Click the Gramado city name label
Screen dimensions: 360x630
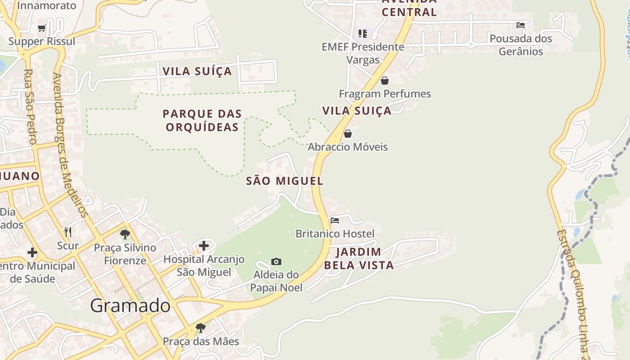(x=130, y=306)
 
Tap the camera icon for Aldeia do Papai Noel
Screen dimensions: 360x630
(x=276, y=261)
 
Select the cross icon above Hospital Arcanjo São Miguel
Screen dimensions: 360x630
(x=204, y=246)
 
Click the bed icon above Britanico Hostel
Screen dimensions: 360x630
(x=335, y=220)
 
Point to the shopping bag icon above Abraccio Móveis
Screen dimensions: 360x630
(x=348, y=134)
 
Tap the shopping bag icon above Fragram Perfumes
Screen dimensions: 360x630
(x=385, y=81)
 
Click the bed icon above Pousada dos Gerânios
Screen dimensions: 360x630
(x=521, y=25)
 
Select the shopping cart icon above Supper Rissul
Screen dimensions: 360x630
(x=42, y=28)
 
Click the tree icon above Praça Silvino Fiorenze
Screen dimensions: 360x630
(x=125, y=234)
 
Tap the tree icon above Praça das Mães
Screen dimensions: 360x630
(x=201, y=328)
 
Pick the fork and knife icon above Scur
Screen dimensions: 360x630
(x=68, y=232)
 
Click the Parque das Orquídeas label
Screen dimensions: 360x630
(x=202, y=121)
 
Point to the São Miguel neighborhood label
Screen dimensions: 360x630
(x=284, y=181)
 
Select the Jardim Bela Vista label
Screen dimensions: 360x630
(x=359, y=258)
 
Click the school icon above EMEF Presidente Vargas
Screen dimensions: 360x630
(x=363, y=33)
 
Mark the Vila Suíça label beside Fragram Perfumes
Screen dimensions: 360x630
(x=357, y=111)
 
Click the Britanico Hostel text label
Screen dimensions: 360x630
(x=335, y=234)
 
